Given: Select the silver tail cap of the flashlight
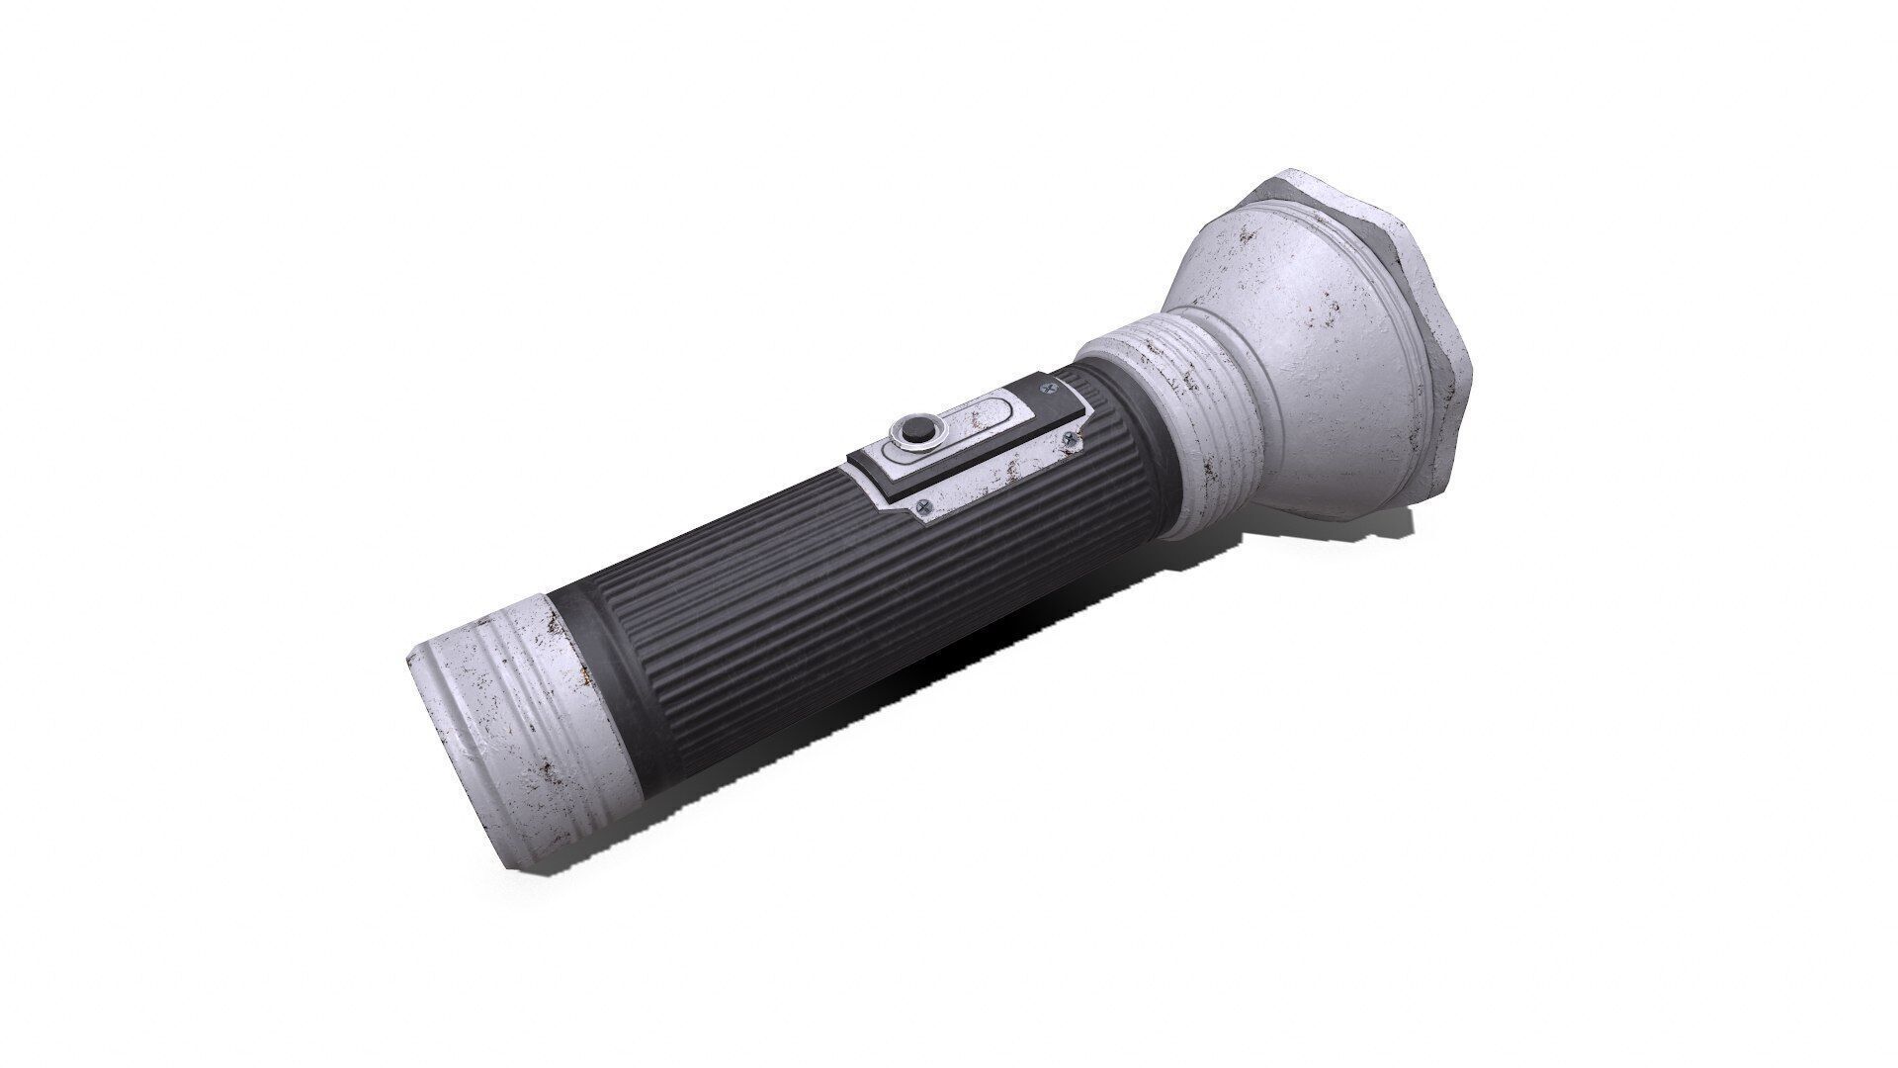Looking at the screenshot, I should pos(494,732).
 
